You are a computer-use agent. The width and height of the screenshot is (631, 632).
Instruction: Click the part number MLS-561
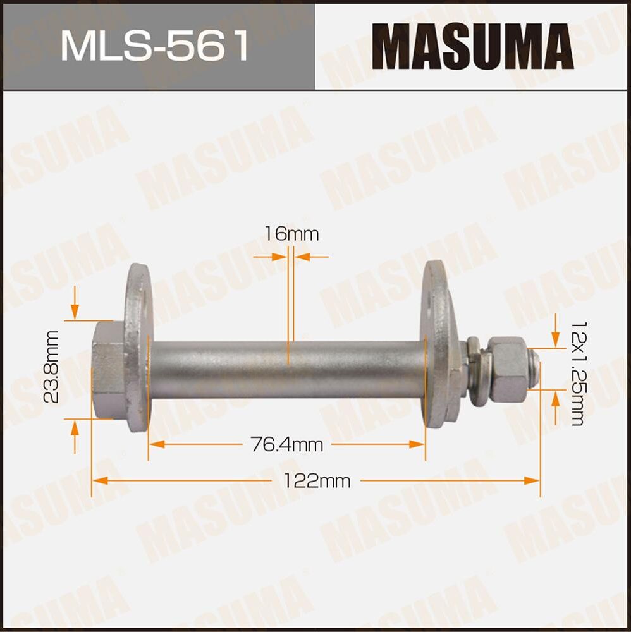pyautogui.click(x=155, y=46)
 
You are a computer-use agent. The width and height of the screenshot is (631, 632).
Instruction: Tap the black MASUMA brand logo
pyautogui.click(x=472, y=46)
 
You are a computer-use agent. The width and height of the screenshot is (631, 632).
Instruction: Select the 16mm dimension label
pyautogui.click(x=291, y=234)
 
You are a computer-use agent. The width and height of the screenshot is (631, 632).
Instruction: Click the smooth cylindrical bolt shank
pyautogui.click(x=288, y=370)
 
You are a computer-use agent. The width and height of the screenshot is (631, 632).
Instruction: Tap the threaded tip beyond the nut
pyautogui.click(x=535, y=370)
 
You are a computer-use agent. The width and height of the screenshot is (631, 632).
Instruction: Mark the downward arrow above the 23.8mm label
pyautogui.click(x=75, y=310)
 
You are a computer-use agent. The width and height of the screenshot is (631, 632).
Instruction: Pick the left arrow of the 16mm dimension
pyautogui.click(x=278, y=257)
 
